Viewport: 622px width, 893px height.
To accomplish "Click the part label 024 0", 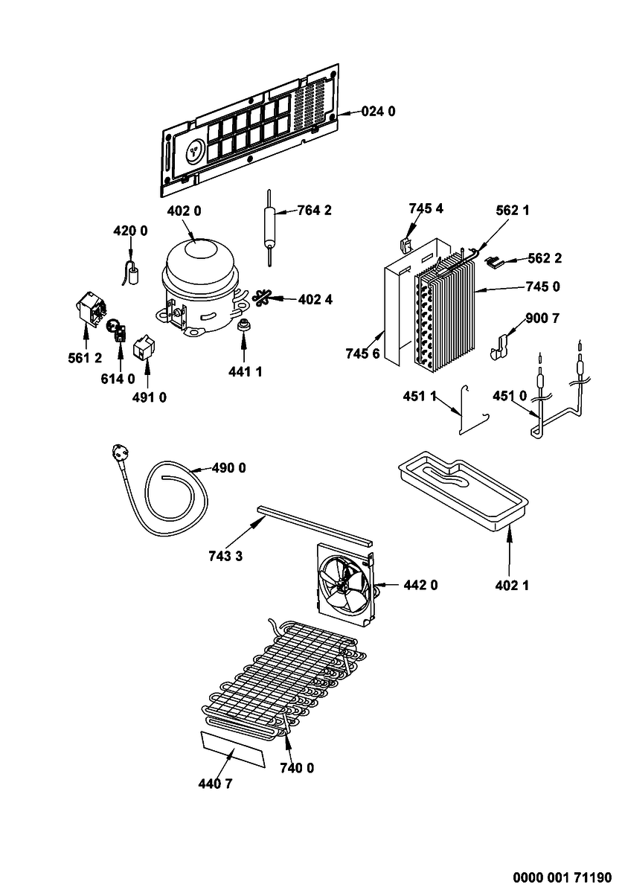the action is [x=378, y=112].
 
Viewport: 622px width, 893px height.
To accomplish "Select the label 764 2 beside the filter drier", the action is [x=315, y=210].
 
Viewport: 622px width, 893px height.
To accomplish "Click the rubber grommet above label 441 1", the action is [x=243, y=326].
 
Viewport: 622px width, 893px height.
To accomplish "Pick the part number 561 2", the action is [x=85, y=358].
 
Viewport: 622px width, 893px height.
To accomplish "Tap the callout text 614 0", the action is [x=118, y=378].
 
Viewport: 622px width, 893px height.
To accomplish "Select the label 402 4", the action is [x=315, y=299].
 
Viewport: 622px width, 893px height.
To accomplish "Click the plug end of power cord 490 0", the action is [x=119, y=453].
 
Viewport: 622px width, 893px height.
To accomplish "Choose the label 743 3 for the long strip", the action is [x=225, y=556].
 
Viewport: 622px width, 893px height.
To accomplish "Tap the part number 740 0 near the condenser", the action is [x=297, y=767].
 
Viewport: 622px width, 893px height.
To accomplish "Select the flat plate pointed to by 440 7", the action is [x=233, y=749].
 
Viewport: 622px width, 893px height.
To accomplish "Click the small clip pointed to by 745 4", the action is [x=405, y=245].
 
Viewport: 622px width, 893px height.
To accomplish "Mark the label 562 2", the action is [x=545, y=258].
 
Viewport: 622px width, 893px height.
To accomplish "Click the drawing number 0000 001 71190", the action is [x=562, y=877].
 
